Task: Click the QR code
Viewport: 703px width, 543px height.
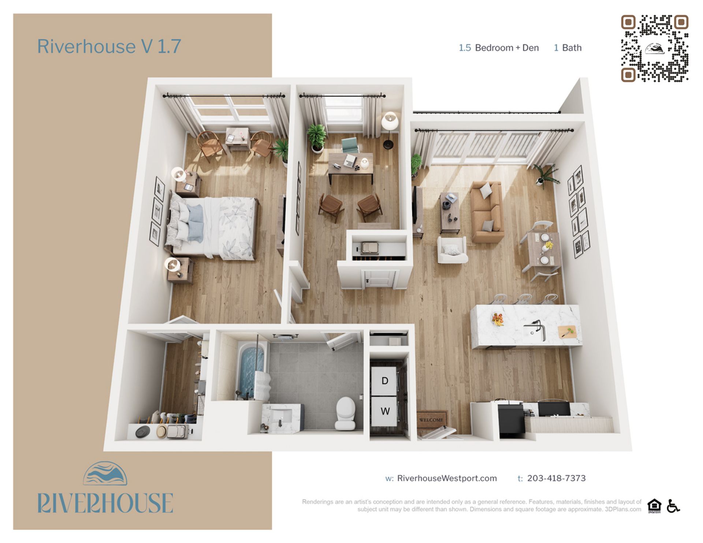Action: [655, 48]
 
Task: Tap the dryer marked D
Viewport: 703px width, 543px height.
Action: [384, 381]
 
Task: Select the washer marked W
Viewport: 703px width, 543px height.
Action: [385, 411]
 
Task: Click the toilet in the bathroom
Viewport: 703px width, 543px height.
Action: [345, 413]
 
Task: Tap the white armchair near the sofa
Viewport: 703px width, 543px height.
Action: [452, 250]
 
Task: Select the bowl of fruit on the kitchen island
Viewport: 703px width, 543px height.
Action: [498, 319]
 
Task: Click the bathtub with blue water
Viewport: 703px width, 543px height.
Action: [252, 370]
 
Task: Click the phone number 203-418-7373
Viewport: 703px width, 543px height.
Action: [556, 478]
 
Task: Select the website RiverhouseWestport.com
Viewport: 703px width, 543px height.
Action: [447, 478]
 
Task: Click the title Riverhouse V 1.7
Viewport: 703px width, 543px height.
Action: [109, 46]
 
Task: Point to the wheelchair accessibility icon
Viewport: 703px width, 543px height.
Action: [673, 506]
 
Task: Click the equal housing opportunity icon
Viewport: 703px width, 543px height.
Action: [654, 506]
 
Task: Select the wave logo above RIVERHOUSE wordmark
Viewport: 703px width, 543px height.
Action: [105, 473]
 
